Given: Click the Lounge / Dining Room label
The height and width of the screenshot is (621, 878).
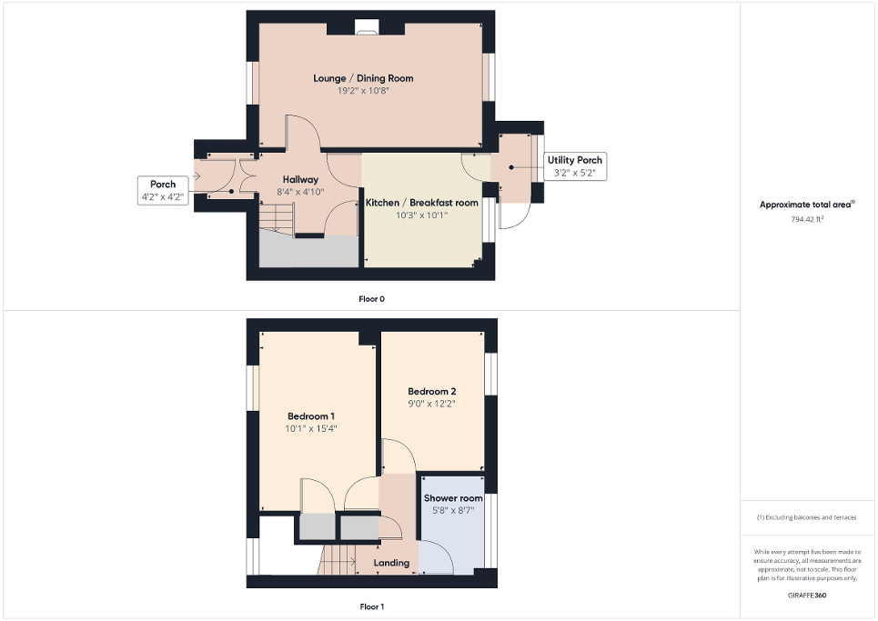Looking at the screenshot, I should (363, 78).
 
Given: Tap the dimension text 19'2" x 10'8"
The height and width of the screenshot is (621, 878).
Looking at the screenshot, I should (363, 91).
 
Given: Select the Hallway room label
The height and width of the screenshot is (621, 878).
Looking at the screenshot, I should (300, 179).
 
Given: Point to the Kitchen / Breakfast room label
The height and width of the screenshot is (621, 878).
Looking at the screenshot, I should (421, 203).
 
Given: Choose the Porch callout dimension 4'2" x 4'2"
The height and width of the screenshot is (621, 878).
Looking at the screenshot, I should (163, 196).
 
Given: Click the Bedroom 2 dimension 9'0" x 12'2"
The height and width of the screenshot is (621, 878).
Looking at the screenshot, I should (432, 404).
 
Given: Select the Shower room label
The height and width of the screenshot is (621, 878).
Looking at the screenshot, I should (452, 498).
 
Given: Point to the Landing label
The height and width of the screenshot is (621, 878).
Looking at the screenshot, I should (392, 563).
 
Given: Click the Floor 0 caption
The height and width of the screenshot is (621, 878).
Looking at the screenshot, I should (372, 298).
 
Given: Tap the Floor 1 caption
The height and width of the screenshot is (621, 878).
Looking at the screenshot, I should (372, 606).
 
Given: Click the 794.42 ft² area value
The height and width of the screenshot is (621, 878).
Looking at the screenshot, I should (807, 219).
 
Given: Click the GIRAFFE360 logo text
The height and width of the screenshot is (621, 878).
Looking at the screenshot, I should (808, 593).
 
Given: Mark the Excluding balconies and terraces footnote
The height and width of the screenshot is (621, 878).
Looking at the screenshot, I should (808, 517).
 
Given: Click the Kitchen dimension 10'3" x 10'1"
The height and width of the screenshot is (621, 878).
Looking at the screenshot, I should (421, 215).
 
